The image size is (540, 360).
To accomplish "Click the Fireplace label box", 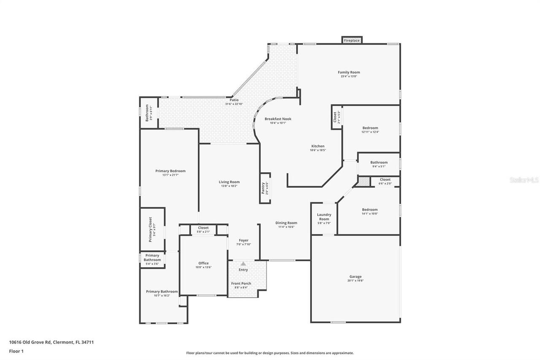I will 351,40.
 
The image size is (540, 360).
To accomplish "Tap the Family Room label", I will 349,72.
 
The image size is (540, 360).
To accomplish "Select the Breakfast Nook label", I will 278,119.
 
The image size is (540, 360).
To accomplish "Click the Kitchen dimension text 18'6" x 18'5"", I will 318,150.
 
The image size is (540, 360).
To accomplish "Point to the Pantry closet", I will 265,188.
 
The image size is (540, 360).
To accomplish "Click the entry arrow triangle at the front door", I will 243,263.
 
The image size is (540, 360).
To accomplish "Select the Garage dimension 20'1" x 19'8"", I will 355,281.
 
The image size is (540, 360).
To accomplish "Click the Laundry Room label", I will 324,217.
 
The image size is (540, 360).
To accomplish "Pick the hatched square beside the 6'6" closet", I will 364,181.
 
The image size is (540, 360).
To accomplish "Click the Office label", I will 203,263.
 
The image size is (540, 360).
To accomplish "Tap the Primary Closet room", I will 152,229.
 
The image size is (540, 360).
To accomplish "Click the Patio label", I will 234,100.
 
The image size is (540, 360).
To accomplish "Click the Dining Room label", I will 286,223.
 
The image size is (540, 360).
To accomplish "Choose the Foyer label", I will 244,240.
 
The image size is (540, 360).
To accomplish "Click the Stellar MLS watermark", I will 524,180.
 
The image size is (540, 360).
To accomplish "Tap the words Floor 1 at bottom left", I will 16,351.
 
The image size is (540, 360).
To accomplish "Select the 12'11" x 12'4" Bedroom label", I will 370,128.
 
